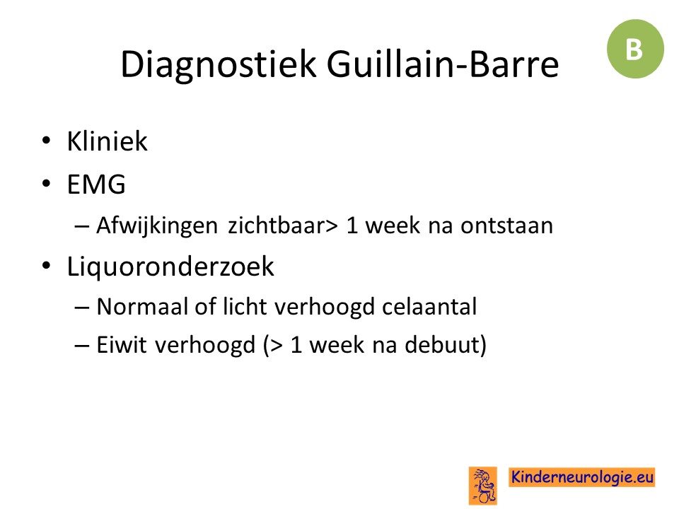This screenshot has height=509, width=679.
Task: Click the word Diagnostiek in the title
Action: point(219,65)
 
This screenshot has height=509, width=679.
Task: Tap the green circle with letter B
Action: point(635,49)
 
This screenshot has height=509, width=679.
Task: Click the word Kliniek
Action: point(107,141)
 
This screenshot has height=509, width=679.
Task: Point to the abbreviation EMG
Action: point(96,184)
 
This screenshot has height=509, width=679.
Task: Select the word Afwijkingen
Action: point(157,226)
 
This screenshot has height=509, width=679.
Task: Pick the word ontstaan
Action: point(506,226)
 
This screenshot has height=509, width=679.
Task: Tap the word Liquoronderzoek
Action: point(170,267)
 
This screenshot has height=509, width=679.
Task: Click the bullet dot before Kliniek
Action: point(47,141)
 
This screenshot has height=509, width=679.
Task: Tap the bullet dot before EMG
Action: point(47,183)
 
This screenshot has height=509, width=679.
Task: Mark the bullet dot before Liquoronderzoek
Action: point(47,265)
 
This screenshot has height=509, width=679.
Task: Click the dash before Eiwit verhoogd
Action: point(82,346)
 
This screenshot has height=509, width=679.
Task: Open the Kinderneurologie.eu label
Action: point(581,477)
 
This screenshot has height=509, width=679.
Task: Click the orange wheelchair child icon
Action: point(483,486)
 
